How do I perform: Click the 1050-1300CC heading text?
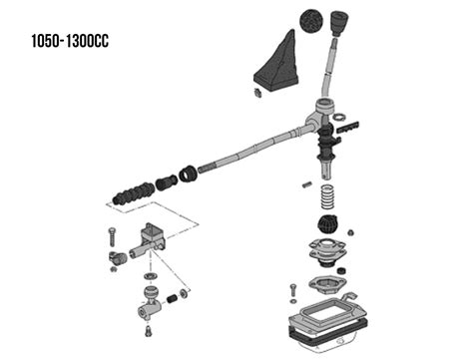(x=70, y=41)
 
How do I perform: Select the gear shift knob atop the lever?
(x=339, y=23)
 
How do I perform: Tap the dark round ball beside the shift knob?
(x=311, y=21)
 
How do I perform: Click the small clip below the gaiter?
(x=257, y=93)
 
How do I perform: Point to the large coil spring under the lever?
(x=327, y=196)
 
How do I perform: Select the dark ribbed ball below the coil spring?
(x=327, y=225)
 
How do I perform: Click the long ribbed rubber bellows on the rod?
(x=134, y=193)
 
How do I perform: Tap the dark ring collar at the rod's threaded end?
(x=188, y=174)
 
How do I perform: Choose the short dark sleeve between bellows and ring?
(x=167, y=182)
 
